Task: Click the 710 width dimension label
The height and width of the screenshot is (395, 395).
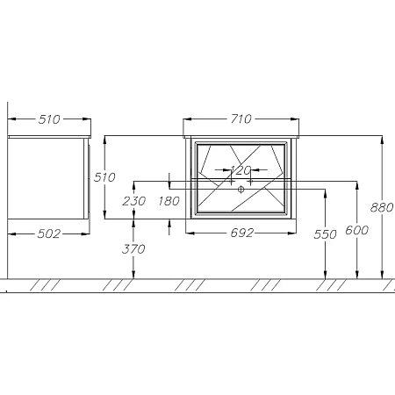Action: (x=241, y=119)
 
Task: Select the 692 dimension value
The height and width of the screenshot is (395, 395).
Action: (x=241, y=233)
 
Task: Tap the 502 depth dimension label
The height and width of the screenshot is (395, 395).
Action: (x=49, y=233)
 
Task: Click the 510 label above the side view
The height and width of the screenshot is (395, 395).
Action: (x=49, y=119)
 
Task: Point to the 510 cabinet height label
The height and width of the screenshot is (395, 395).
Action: (x=104, y=177)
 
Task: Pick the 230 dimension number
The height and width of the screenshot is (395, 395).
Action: (x=134, y=201)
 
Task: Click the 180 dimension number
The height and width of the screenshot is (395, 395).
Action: (x=169, y=201)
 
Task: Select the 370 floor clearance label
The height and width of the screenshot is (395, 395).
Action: (x=133, y=249)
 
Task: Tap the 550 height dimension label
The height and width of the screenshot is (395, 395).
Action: (x=325, y=234)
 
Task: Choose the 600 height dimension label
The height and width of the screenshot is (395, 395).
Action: (x=356, y=230)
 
